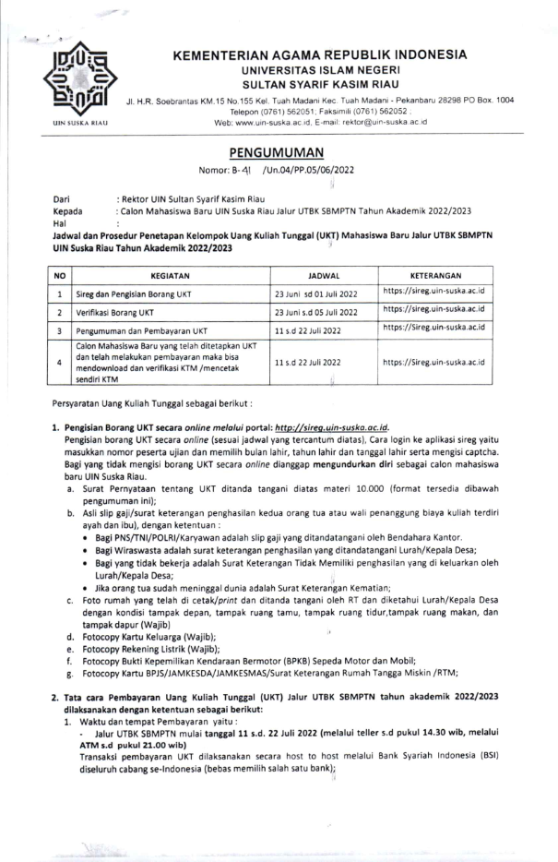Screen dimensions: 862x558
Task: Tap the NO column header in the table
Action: (x=59, y=275)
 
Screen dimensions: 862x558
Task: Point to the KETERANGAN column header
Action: (x=433, y=275)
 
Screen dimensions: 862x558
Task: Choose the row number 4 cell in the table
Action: (x=59, y=362)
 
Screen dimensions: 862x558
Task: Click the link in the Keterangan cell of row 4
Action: (x=433, y=362)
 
